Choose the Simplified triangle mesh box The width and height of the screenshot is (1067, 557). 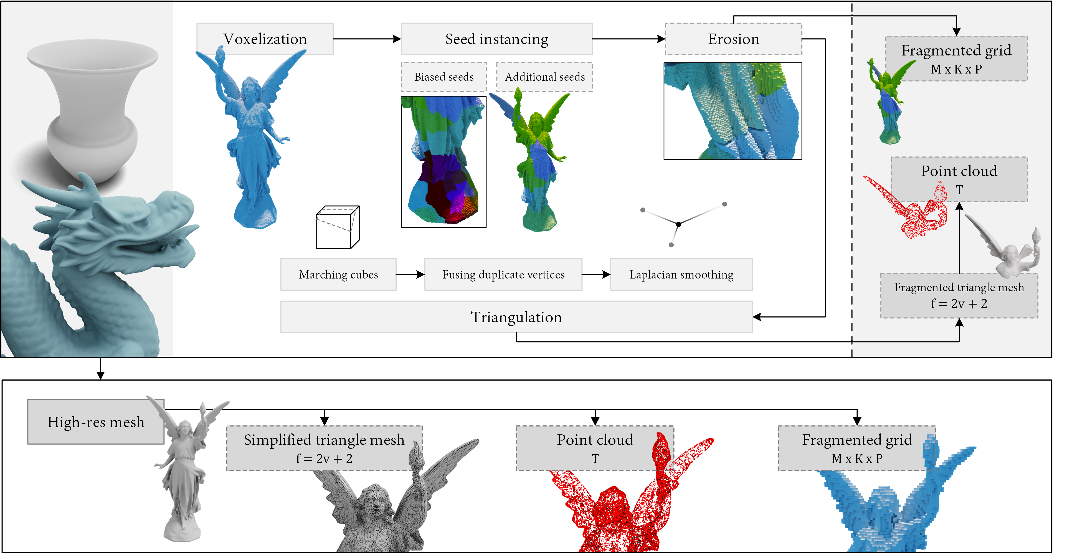(x=324, y=448)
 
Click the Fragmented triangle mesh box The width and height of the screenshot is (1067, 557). (x=959, y=295)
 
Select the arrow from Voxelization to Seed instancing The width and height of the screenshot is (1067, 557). (x=367, y=39)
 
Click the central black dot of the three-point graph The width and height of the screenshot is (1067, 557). (x=678, y=224)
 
